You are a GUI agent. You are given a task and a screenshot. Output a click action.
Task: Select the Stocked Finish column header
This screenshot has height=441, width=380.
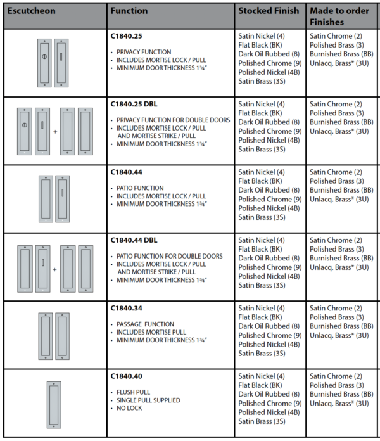tap(269, 11)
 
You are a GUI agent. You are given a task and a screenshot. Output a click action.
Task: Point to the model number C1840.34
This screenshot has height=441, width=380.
tap(127, 309)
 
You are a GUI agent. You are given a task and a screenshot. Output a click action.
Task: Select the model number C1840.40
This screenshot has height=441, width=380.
tap(127, 376)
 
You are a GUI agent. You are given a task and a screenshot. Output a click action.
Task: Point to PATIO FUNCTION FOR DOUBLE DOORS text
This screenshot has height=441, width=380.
tap(169, 256)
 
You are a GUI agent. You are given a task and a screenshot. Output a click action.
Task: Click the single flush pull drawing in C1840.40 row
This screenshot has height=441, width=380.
tap(53, 405)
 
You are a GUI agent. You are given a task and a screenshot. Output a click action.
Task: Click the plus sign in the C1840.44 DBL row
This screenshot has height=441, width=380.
tap(54, 269)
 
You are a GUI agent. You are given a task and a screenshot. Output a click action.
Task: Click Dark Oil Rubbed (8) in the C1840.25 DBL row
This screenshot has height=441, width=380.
tap(269, 122)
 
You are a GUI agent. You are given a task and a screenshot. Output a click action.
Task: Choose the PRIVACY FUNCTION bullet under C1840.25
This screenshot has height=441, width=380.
tap(144, 52)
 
